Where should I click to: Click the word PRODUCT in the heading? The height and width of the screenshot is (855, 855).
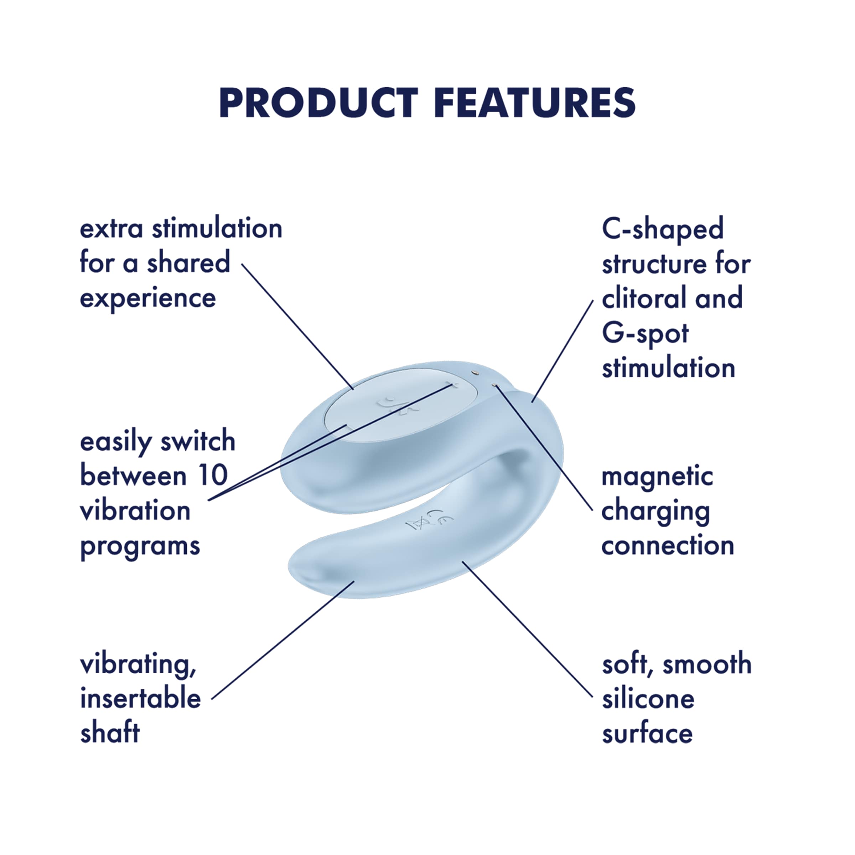click(x=318, y=103)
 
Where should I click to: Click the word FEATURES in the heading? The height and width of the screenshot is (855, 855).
click(x=535, y=103)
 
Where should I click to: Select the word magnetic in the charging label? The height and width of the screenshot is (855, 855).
click(x=657, y=477)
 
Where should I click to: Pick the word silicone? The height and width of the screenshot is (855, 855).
click(x=648, y=699)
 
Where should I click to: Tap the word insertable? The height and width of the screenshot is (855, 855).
click(x=140, y=699)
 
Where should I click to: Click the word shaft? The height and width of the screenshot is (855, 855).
click(x=110, y=733)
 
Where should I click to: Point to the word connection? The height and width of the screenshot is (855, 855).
click(x=667, y=546)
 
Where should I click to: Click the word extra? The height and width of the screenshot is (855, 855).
click(x=111, y=229)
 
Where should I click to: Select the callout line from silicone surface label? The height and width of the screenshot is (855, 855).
click(x=527, y=628)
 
